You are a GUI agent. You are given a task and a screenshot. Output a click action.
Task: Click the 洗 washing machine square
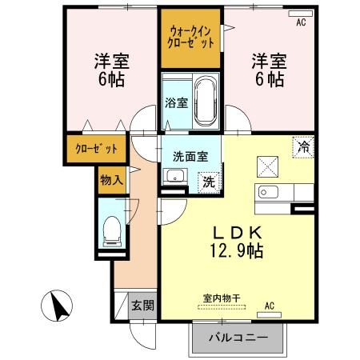207,181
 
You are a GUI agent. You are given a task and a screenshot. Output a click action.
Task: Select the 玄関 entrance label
143,305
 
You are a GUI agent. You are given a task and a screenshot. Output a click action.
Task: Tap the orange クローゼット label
96,150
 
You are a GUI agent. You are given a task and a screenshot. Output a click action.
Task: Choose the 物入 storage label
111,179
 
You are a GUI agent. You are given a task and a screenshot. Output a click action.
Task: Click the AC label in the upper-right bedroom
301,22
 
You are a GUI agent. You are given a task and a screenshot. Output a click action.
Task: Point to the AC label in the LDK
269,304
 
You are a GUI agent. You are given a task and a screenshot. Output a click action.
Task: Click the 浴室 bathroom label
176,103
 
